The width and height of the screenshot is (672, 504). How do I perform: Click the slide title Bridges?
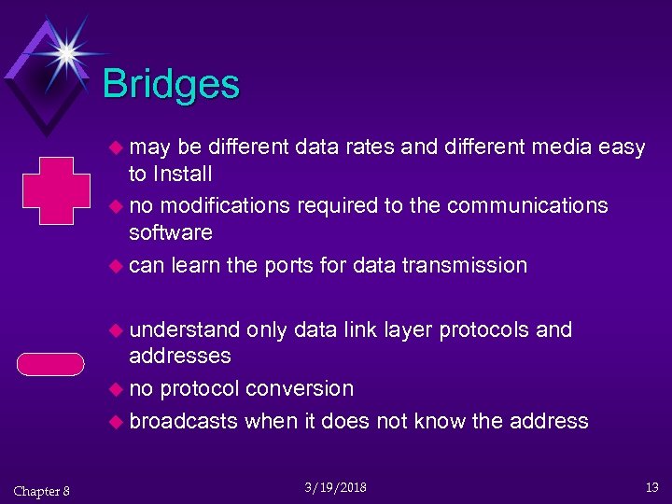[171, 84]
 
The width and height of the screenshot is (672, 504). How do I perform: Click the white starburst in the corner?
[66, 52]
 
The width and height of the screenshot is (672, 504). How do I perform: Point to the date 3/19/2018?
[336, 487]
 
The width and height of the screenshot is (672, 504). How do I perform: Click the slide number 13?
[652, 487]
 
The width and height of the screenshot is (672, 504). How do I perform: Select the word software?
[171, 232]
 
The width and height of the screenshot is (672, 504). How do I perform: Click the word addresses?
[180, 356]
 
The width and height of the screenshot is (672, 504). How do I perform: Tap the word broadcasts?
[184, 421]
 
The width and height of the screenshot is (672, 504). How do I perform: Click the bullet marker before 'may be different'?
[116, 147]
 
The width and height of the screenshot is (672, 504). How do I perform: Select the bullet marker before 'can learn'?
[116, 266]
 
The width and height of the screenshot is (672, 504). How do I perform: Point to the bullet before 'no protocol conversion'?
[116, 389]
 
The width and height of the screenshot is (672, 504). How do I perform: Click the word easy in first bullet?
[622, 147]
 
